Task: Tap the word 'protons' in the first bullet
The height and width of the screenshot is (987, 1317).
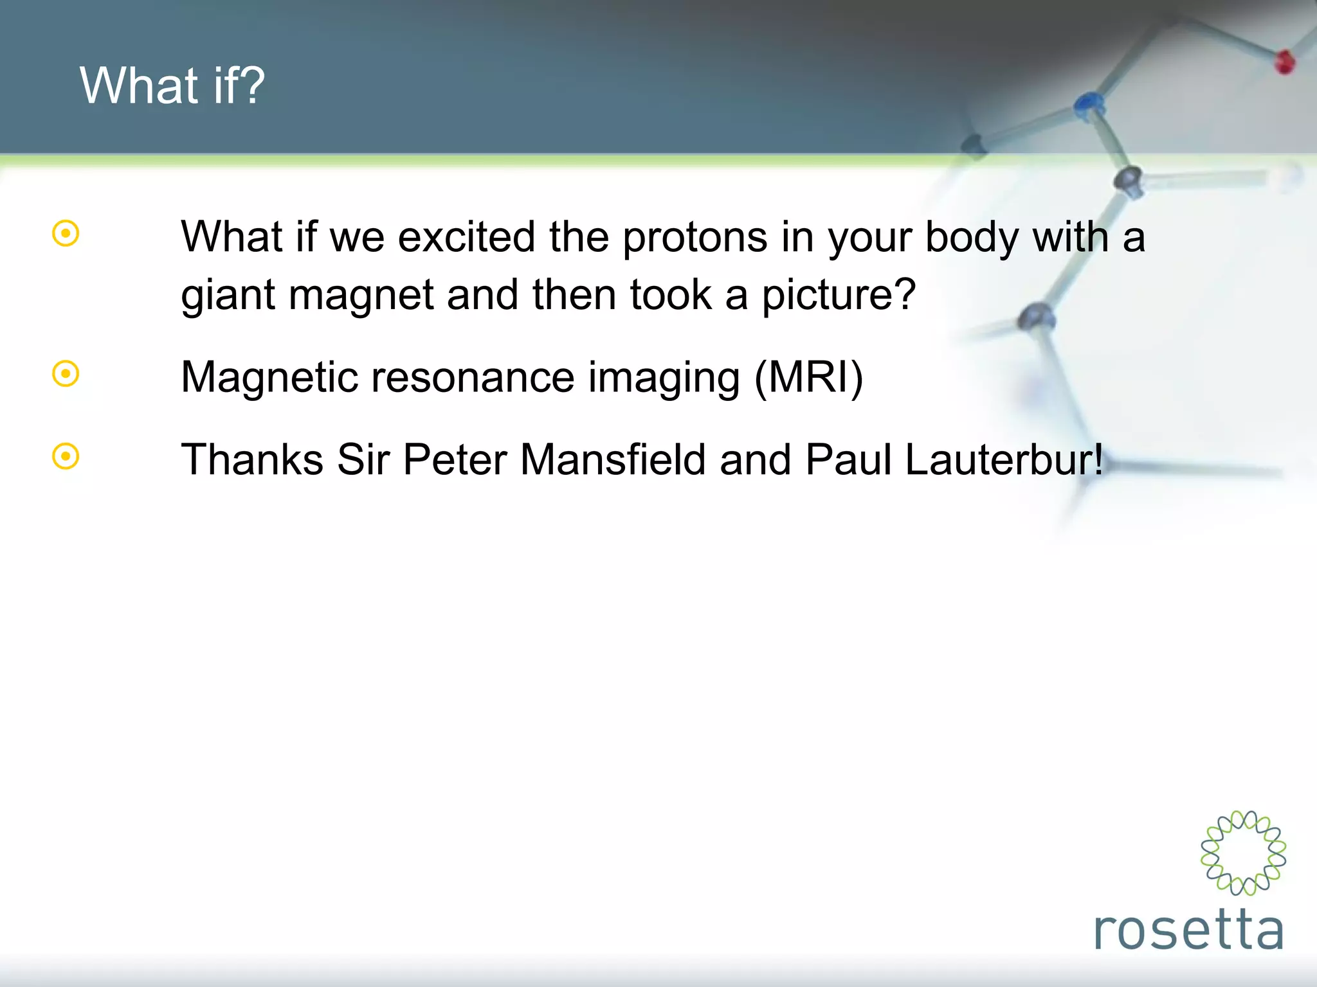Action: pos(695,237)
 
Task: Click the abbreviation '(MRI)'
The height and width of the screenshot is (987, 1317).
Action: pos(808,377)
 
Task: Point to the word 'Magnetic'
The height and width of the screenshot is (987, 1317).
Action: pos(269,377)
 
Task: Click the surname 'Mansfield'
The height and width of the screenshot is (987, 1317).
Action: pos(613,460)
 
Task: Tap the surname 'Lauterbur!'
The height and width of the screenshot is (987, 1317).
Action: pos(1004,460)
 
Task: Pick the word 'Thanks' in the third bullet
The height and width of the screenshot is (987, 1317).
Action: pos(251,460)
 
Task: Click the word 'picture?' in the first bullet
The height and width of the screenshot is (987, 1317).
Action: pos(839,296)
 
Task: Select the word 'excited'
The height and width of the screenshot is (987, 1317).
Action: pos(466,237)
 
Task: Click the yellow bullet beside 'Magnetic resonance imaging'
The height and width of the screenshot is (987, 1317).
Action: pos(66,374)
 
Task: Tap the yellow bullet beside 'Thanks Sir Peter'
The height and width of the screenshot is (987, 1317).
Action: pos(66,457)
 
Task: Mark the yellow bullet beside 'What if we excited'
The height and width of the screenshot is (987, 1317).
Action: pos(66,234)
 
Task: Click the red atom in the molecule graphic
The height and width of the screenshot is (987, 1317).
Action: pos(1285,62)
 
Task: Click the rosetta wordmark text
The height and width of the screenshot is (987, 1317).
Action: pos(1188,929)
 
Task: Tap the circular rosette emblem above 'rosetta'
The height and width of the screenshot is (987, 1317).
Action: pos(1243,853)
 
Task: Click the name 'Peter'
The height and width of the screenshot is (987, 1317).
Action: pos(455,460)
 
